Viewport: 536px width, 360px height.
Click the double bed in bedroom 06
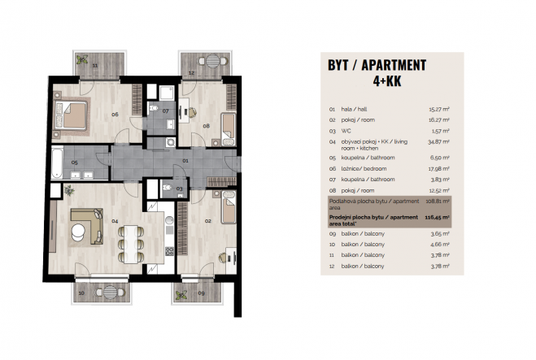[71, 115]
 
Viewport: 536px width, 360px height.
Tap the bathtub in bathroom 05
[57, 163]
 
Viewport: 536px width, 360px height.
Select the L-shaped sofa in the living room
[88, 226]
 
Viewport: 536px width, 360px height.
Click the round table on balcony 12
[212, 61]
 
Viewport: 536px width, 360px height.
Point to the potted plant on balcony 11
[81, 60]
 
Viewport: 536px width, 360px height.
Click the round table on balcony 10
[110, 292]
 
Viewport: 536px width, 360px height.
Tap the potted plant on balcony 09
[181, 295]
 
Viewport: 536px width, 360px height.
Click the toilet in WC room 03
[168, 187]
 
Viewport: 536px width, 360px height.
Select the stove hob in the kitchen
[169, 251]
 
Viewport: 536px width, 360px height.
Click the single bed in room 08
[229, 129]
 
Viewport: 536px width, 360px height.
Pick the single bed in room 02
[229, 207]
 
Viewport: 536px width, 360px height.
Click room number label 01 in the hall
[185, 161]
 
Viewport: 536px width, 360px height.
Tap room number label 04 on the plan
[115, 221]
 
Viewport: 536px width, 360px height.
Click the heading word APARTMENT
[394, 65]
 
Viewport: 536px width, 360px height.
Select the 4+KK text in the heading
[387, 81]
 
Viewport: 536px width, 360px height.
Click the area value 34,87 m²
[438, 141]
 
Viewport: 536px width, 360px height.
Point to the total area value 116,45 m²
[438, 217]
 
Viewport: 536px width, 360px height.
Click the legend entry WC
[346, 131]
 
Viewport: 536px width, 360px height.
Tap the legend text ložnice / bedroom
[364, 169]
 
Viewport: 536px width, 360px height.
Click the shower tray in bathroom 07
[167, 93]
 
